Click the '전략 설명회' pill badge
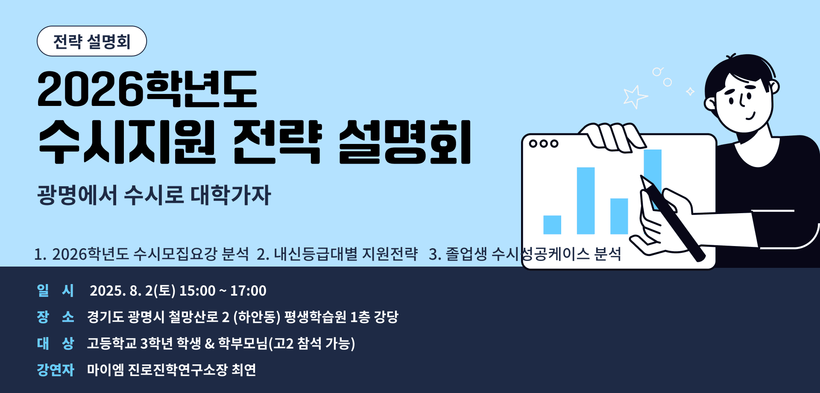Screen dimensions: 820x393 (x=92, y=41)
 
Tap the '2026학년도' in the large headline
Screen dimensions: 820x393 (x=147, y=89)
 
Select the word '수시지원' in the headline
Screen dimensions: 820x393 (x=127, y=142)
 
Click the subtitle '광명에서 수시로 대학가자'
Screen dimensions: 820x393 (x=154, y=195)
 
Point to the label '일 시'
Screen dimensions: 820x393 (x=55, y=290)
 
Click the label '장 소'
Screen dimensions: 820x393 (x=55, y=317)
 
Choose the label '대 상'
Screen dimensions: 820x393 (x=55, y=343)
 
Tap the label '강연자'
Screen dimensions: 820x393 (x=56, y=370)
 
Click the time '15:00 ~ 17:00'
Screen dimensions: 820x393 (x=223, y=291)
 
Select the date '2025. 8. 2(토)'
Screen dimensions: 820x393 (x=132, y=291)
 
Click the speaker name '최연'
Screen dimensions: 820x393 (x=243, y=370)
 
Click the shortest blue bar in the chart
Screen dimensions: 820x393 (x=552, y=225)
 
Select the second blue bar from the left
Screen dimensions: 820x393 (x=586, y=201)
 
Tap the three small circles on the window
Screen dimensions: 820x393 (x=544, y=144)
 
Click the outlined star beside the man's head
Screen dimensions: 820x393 (x=635, y=97)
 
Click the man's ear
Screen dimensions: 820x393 (x=710, y=103)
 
